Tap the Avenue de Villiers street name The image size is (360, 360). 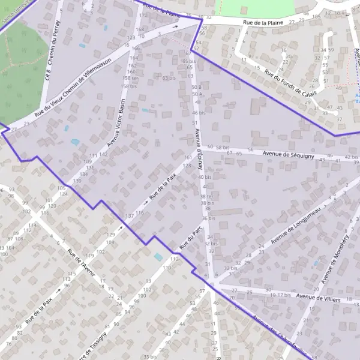(x=319, y=297)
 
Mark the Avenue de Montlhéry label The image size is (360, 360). (x=335, y=258)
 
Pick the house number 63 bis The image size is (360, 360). (x=169, y=78)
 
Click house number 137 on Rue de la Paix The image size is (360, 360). (x=129, y=215)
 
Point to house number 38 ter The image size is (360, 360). (x=207, y=196)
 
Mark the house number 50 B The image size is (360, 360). (x=196, y=88)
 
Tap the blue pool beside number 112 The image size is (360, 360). (x=158, y=256)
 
